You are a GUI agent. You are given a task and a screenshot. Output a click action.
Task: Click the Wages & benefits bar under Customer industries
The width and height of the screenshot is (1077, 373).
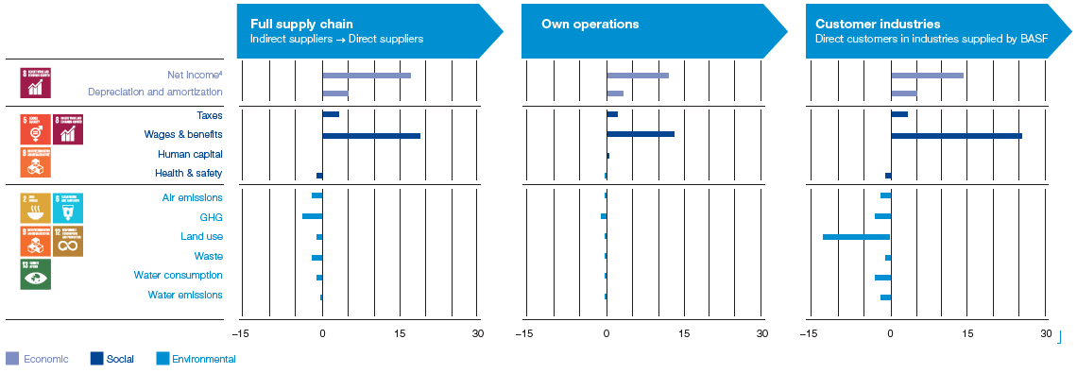click(x=956, y=136)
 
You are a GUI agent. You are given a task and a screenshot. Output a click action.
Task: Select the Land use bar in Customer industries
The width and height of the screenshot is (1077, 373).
click(x=856, y=236)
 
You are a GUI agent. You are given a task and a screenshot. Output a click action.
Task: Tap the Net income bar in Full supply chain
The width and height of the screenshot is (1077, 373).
click(x=367, y=75)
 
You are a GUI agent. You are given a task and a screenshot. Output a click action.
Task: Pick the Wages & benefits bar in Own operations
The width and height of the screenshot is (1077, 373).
click(x=641, y=134)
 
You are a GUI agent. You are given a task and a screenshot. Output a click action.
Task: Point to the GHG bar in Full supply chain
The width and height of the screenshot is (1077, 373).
click(x=312, y=216)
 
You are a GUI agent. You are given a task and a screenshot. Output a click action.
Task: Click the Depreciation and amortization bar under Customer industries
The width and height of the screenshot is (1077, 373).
click(x=903, y=93)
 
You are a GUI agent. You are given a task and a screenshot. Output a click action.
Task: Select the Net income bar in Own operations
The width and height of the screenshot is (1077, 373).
click(x=638, y=75)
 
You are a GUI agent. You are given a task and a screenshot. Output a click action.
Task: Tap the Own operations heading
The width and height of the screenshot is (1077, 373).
click(x=590, y=24)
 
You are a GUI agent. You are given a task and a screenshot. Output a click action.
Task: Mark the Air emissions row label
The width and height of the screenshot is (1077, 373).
click(x=186, y=197)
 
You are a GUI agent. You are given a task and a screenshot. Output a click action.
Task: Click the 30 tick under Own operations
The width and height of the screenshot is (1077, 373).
click(x=761, y=333)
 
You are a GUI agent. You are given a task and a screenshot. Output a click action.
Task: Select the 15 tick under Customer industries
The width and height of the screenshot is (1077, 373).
click(x=967, y=333)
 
